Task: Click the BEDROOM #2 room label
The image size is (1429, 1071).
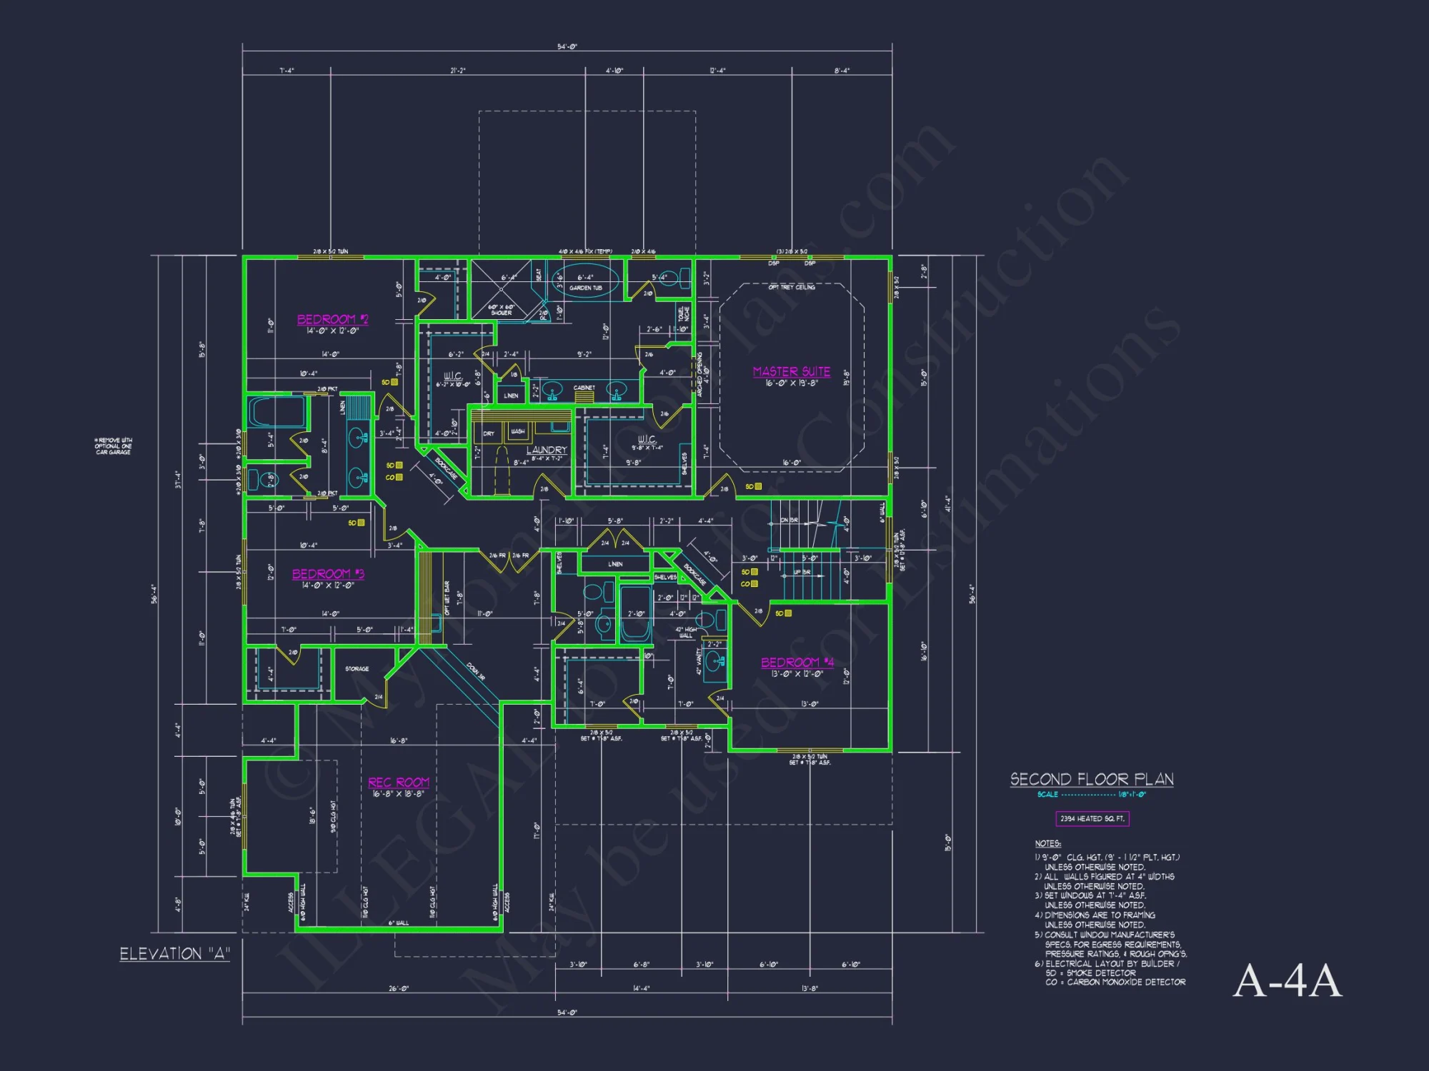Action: point(332,319)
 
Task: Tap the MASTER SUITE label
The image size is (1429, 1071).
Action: point(791,371)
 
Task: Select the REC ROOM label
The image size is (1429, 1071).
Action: point(399,783)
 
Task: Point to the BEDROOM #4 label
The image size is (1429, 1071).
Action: point(797,663)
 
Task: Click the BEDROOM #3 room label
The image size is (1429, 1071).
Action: point(328,574)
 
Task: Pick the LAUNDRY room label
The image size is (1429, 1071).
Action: point(547,450)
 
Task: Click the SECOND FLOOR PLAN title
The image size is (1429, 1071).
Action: point(1092,779)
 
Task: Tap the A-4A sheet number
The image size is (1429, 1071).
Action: point(1288,981)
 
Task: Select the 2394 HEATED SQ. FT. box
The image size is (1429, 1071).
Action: point(1092,819)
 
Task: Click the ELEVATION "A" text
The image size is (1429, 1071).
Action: point(174,954)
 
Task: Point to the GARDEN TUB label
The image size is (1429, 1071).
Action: point(585,288)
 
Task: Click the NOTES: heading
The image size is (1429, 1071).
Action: point(1047,844)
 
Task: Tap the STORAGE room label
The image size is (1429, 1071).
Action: point(357,669)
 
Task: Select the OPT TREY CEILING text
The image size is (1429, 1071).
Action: point(791,287)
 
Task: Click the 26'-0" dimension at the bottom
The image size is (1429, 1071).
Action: point(398,989)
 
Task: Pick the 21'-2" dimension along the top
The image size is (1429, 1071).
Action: point(458,71)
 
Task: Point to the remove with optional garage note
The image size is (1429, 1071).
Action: point(114,446)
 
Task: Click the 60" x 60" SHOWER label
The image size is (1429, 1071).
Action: point(501,310)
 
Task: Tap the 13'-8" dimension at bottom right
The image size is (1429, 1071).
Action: point(810,989)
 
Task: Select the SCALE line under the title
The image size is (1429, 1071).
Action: point(1091,795)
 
